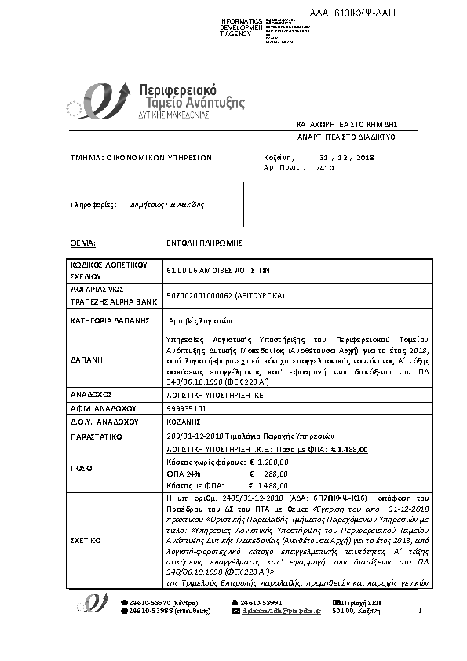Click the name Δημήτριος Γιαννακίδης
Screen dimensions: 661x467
click(167, 205)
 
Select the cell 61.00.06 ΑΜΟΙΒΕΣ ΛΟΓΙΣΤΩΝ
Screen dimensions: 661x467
click(219, 269)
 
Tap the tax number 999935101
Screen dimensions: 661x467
click(187, 408)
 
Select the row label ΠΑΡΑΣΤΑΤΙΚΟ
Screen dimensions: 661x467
click(99, 435)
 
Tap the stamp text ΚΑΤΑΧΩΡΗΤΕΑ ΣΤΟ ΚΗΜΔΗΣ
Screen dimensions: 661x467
click(348, 124)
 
